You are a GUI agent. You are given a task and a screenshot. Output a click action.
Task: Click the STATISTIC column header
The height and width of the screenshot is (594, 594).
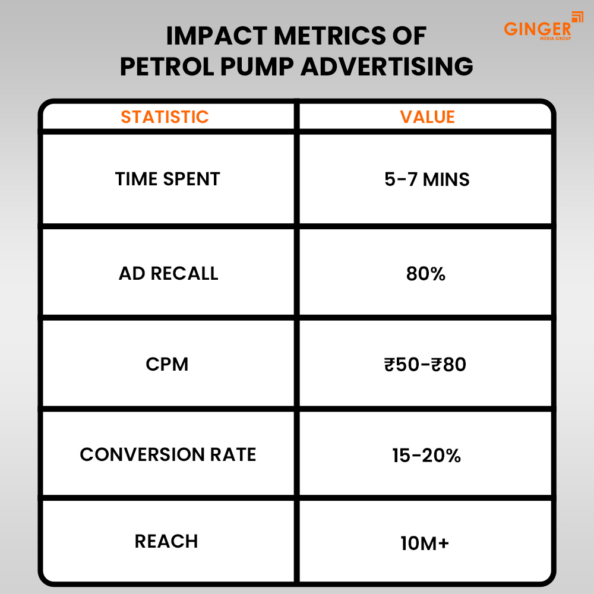point(165,116)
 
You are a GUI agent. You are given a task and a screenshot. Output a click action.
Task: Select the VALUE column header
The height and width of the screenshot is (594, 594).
point(427,116)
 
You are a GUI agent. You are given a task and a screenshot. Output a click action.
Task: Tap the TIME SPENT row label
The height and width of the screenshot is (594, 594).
point(168,179)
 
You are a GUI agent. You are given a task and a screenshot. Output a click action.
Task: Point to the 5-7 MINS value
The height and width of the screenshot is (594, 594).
point(427,179)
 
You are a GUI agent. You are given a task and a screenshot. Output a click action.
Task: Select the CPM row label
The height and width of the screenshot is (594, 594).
point(167,364)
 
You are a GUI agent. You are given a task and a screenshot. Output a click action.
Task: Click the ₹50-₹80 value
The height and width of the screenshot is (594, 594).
point(425,364)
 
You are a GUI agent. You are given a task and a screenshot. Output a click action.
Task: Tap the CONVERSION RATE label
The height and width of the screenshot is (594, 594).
point(168,454)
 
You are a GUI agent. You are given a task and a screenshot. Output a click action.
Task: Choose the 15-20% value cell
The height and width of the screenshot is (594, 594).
point(426,455)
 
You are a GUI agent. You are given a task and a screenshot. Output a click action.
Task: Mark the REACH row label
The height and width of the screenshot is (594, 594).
point(166,541)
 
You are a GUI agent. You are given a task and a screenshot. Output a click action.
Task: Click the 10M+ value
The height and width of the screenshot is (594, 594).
point(425,542)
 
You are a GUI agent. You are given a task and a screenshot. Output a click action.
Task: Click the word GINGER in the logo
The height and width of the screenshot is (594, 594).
point(537,28)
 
